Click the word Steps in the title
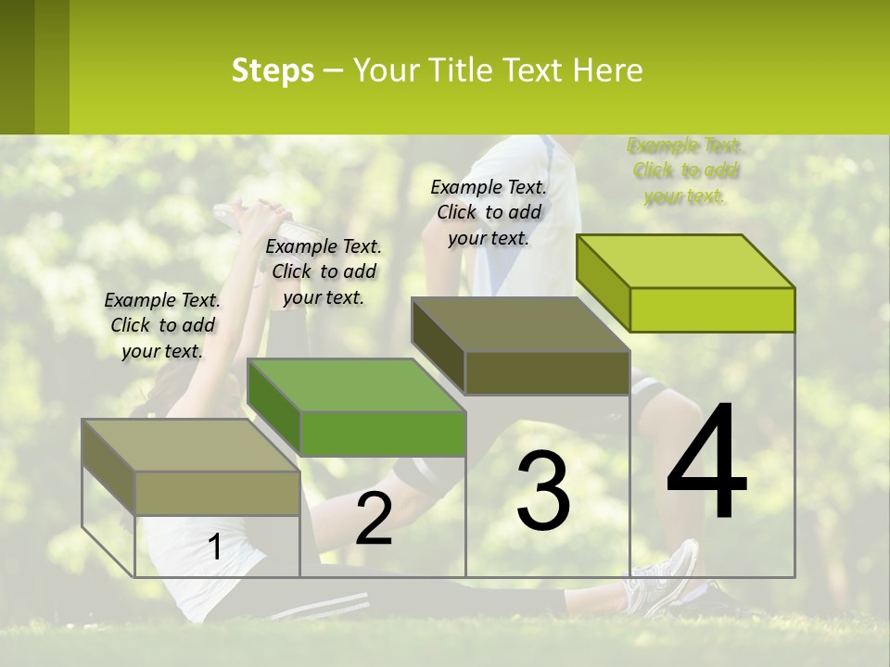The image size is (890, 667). (x=273, y=70)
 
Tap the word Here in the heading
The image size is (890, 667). (x=607, y=70)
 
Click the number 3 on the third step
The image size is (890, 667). (x=543, y=491)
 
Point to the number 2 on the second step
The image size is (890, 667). (x=374, y=519)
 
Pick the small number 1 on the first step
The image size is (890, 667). (x=215, y=547)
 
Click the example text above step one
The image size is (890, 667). (x=162, y=326)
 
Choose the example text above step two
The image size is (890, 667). (x=324, y=272)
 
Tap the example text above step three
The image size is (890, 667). (x=489, y=213)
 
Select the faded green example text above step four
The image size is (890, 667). (x=685, y=171)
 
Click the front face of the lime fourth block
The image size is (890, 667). (x=712, y=309)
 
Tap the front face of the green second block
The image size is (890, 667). (x=383, y=434)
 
